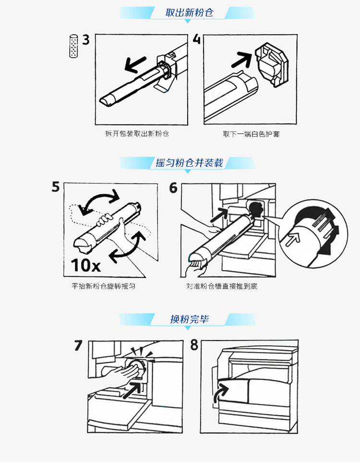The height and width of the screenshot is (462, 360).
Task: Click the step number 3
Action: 86,40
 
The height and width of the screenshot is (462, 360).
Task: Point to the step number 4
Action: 196,40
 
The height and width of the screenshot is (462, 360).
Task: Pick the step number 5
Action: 56,187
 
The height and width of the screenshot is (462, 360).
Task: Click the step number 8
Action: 194,346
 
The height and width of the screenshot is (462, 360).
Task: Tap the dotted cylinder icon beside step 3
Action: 73,47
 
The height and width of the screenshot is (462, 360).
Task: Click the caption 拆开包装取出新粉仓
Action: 137,134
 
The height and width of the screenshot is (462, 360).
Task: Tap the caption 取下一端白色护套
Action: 251,134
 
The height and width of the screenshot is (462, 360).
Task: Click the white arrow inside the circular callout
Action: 291,238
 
